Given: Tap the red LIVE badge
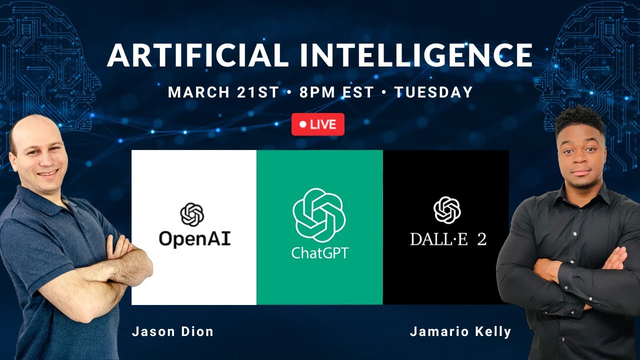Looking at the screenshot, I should coord(318,124).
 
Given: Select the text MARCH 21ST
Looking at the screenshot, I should coord(223,92).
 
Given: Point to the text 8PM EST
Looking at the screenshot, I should coord(336,92).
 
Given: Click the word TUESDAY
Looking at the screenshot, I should coord(433,92).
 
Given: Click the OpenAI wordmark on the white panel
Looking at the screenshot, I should coord(194,238).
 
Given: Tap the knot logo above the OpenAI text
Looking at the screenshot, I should coord(192,214).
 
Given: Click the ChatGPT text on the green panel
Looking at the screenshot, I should coord(319,252).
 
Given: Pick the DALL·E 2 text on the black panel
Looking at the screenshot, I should coord(448,239).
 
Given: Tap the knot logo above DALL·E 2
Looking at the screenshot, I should coord(446,210).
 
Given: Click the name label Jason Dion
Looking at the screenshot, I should coord(172,331).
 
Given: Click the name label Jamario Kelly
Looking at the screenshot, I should coord(460,331).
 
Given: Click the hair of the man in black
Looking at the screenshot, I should coord(580,120).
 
